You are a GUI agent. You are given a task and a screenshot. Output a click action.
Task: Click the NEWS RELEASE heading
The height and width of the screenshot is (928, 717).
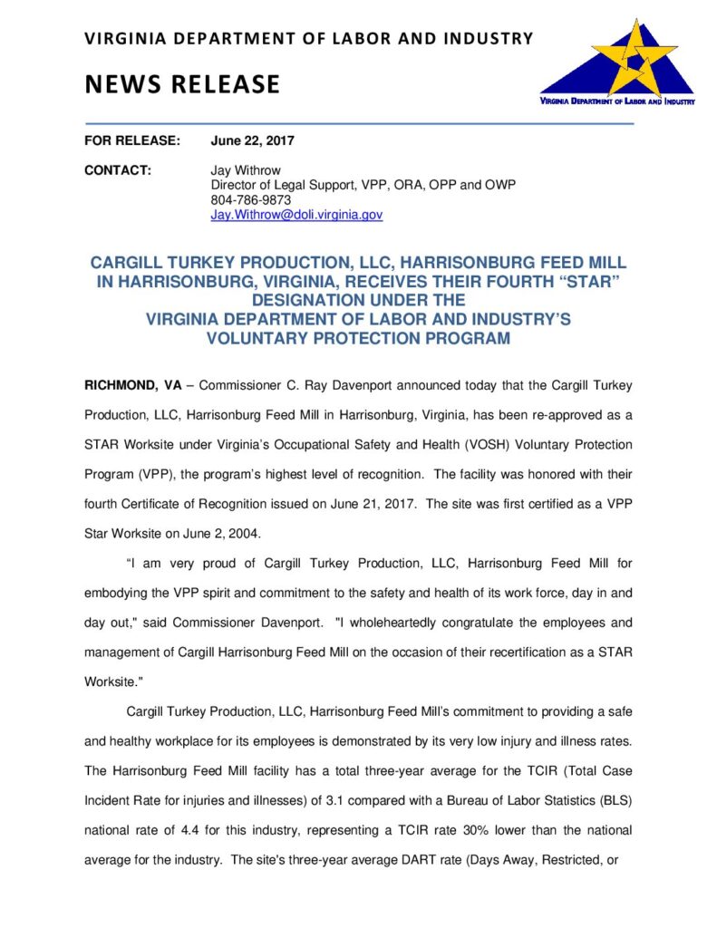click(182, 84)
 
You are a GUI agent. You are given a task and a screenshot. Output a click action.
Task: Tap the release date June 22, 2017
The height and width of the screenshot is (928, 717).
click(253, 140)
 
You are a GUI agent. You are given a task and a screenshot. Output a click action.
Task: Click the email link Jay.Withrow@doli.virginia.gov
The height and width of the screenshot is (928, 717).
click(296, 215)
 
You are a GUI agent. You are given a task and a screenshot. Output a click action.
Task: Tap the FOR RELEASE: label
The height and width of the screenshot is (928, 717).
click(132, 140)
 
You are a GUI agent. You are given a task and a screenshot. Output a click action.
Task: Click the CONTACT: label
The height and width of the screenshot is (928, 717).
click(117, 169)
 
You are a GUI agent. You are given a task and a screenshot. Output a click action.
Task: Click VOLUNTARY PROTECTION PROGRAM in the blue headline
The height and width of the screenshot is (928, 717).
click(358, 338)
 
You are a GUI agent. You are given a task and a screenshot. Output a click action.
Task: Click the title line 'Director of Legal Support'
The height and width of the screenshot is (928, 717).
click(286, 185)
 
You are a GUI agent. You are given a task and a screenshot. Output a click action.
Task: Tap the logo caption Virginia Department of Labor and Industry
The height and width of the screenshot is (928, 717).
click(616, 102)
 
